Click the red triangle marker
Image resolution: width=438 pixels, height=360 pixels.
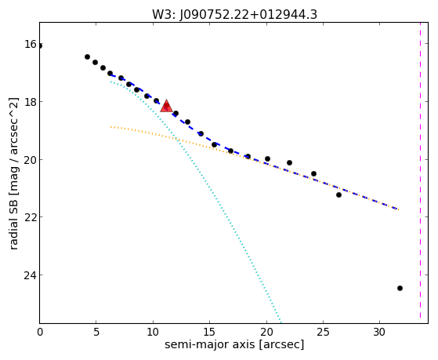[x=166, y=106]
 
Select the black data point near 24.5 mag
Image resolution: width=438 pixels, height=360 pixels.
[x=400, y=288]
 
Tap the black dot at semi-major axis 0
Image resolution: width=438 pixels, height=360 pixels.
[x=40, y=45]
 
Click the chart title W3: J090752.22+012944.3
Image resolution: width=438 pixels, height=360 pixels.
[x=234, y=15]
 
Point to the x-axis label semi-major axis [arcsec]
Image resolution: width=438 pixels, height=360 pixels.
[x=234, y=344]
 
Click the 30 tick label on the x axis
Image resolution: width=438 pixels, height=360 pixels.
[x=379, y=332]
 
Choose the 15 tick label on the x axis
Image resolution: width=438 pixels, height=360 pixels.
[x=209, y=332]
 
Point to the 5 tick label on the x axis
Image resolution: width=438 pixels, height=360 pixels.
[x=96, y=332]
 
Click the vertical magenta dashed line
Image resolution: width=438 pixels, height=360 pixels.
[x=420, y=170]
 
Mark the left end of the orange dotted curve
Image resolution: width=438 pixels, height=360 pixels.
[x=111, y=127]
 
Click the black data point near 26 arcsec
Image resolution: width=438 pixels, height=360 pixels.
[x=338, y=195]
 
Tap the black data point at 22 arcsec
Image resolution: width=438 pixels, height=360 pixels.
[x=289, y=162]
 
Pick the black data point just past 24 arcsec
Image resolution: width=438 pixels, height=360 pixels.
[x=313, y=173]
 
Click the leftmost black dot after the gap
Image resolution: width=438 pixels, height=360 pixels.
[x=87, y=56]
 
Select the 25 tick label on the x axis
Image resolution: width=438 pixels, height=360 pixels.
[x=323, y=332]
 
